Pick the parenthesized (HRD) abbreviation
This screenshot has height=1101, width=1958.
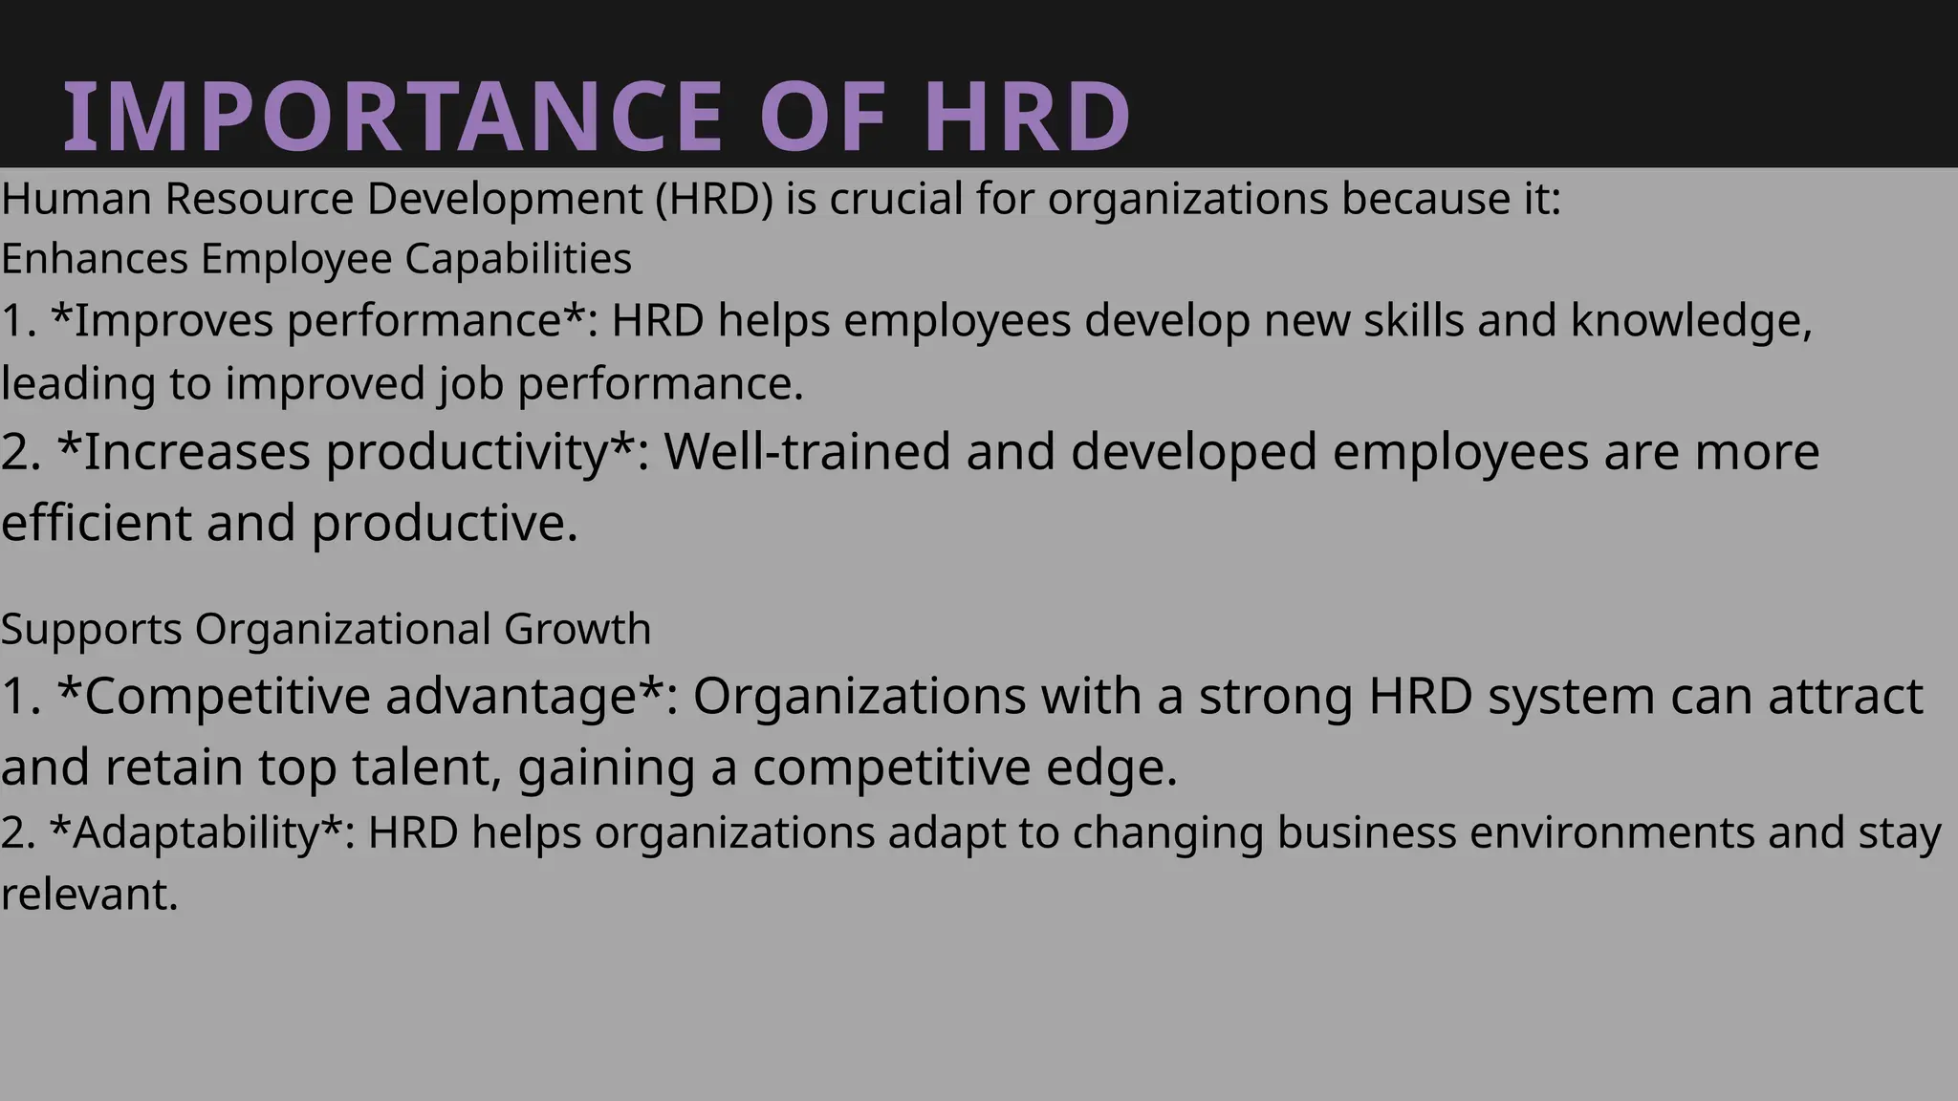point(714,199)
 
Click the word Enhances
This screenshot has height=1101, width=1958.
point(95,259)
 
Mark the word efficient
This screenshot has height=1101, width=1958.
point(96,523)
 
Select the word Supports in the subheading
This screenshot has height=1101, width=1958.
point(92,630)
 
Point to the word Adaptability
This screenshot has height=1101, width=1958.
point(196,832)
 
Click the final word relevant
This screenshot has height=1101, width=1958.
point(89,895)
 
